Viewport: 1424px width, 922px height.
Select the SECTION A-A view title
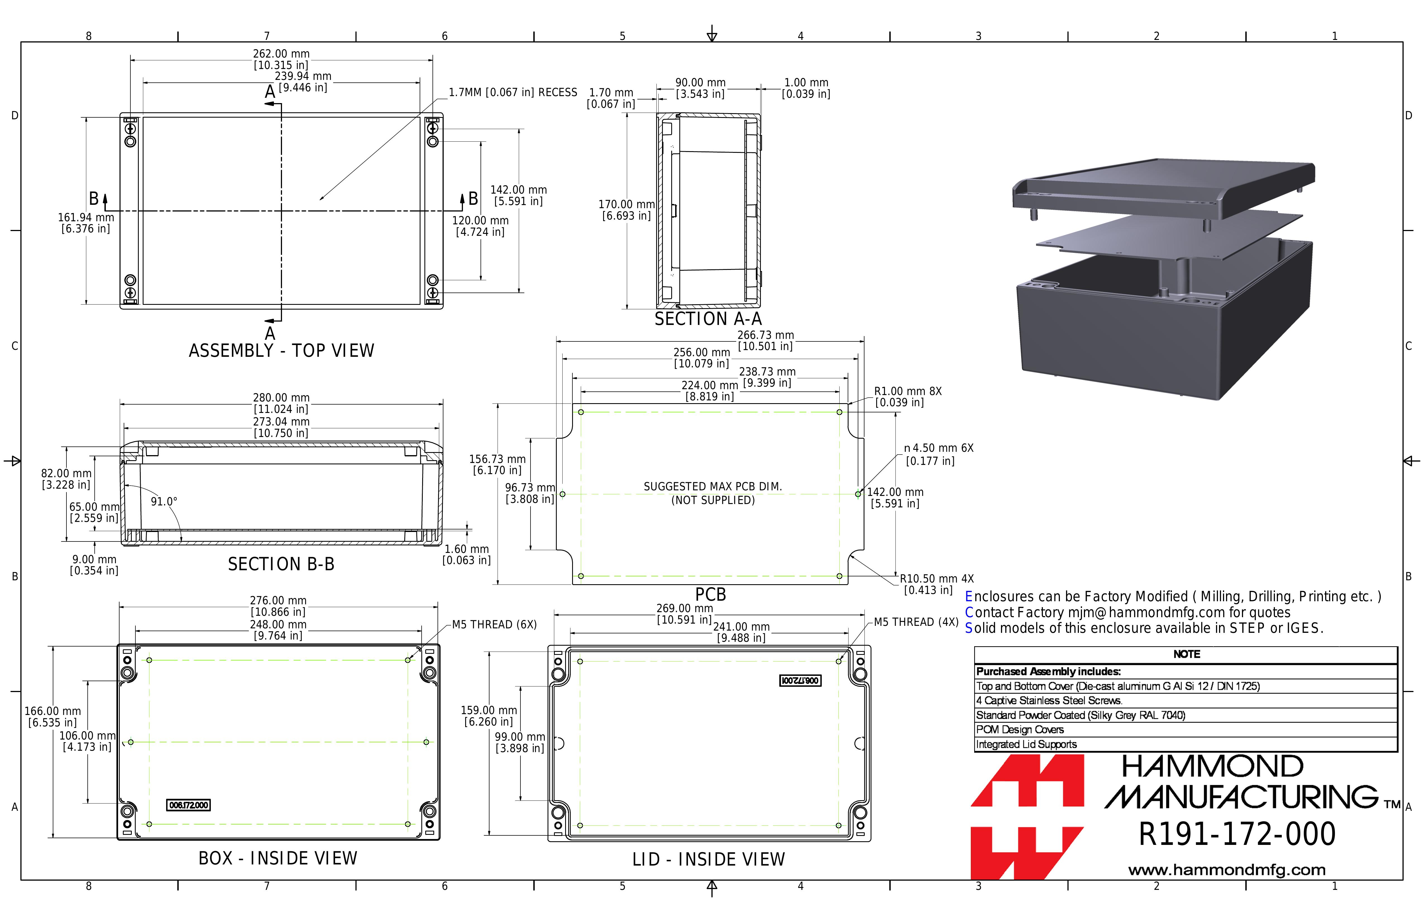tap(708, 319)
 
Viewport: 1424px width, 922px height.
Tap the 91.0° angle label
tap(164, 502)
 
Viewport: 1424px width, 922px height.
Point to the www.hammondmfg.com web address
tap(1227, 870)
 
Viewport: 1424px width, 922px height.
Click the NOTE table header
tap(1186, 654)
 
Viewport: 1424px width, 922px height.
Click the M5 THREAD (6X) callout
tap(494, 624)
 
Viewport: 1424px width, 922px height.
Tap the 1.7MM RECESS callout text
tap(513, 92)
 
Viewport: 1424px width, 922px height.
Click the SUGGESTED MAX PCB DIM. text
tap(713, 487)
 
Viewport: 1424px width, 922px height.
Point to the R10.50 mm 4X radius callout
tap(937, 579)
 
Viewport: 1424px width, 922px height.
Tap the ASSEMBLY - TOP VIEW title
tap(281, 351)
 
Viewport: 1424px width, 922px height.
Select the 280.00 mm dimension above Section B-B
tap(281, 398)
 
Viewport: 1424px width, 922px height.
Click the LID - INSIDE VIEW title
tap(708, 860)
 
